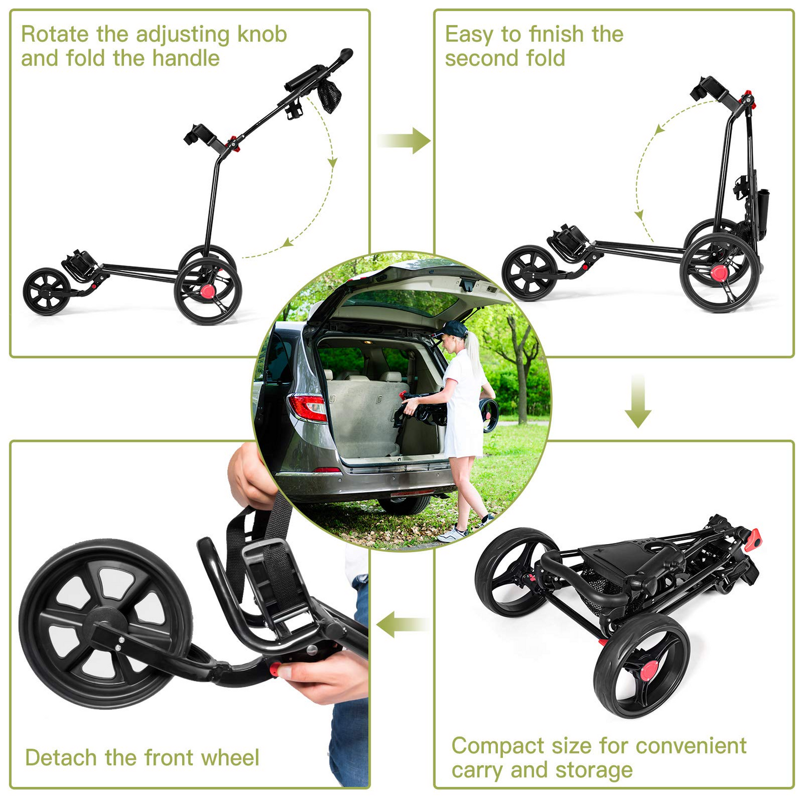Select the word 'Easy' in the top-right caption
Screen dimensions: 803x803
469,34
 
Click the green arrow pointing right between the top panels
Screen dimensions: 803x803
405,140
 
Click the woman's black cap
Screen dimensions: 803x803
453,328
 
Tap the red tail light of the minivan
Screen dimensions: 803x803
307,407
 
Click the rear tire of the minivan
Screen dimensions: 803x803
404,503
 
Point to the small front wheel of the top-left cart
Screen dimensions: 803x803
47,292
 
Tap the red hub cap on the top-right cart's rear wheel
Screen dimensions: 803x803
720,272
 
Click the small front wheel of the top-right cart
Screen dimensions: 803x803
529,273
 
